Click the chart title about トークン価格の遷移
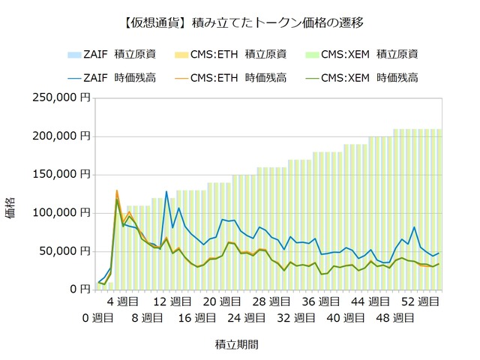[244, 23]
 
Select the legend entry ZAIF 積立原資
[112, 55]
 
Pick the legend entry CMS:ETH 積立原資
[230, 55]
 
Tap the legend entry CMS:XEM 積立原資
[361, 55]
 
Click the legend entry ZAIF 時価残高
[112, 78]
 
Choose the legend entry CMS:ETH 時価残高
[230, 78]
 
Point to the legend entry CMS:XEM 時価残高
[361, 78]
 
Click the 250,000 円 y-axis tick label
[61, 97]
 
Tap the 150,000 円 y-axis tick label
[61, 174]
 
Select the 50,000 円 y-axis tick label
[65, 251]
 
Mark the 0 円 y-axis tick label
[80, 289]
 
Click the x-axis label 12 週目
[172, 301]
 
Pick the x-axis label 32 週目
[296, 318]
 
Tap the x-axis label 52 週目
[420, 301]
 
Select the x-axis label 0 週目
[97, 318]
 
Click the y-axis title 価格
[10, 208]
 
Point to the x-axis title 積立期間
[237, 345]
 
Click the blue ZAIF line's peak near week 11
[166, 192]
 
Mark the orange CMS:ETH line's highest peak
[117, 190]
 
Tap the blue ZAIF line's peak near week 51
[414, 227]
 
